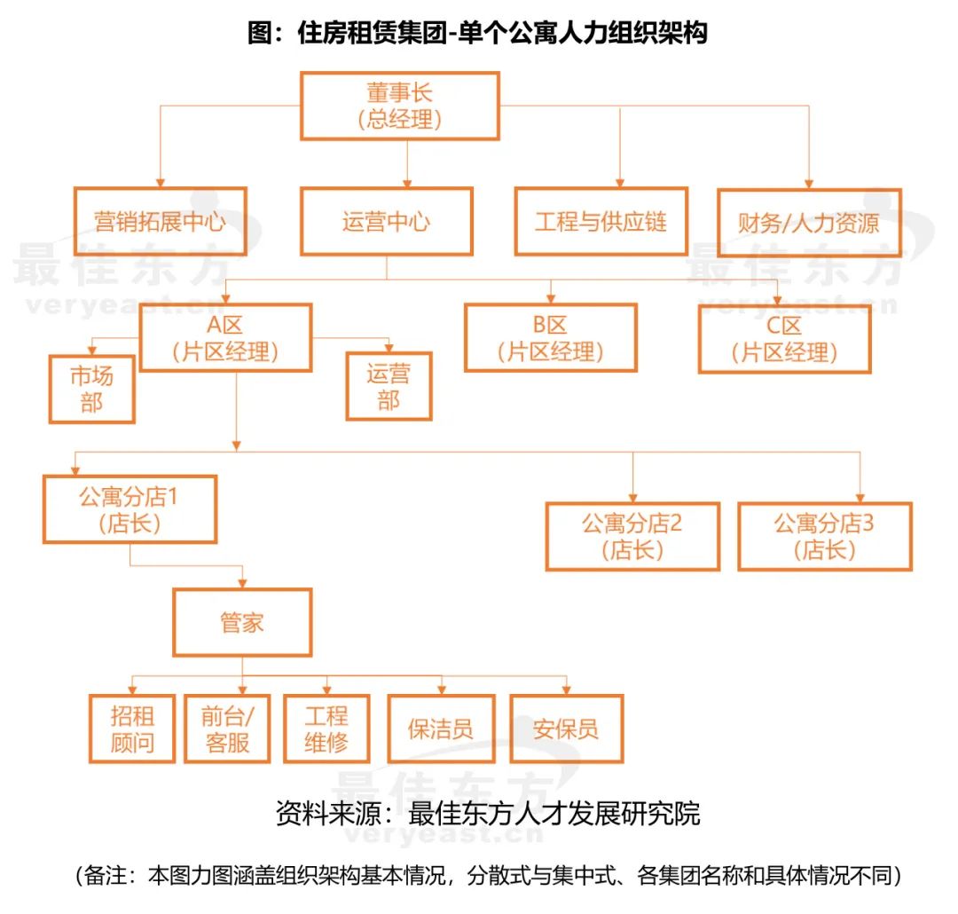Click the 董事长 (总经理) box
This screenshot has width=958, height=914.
point(400,106)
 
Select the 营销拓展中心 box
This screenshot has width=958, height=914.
point(160,221)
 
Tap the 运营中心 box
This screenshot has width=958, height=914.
point(386,221)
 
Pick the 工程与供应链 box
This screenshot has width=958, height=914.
point(601,221)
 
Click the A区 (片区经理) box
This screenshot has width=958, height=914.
point(225,338)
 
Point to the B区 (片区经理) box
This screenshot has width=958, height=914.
point(550,338)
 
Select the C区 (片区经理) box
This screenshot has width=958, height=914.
point(784,338)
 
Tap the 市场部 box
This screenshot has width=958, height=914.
point(92,389)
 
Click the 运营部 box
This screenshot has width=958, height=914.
point(389,387)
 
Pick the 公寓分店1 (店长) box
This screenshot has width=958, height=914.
point(130,508)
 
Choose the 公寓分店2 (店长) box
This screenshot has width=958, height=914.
point(632,536)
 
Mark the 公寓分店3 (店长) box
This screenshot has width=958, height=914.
point(824,536)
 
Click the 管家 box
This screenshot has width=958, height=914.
point(242,622)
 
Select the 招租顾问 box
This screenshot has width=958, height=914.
point(132,729)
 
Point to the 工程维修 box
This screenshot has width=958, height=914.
point(326,729)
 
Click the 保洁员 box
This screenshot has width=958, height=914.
point(441,729)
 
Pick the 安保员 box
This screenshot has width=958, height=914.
point(566,729)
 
